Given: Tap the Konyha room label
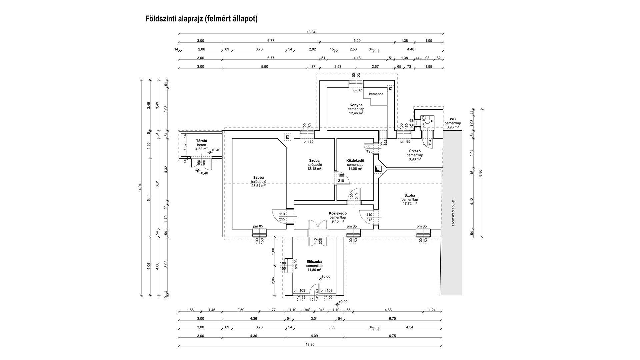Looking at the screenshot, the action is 356,105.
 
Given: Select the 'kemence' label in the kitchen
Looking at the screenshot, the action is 376,94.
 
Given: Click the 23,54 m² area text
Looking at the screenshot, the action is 258,186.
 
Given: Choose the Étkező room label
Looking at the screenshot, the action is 415,151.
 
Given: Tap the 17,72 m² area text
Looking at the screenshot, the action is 410,203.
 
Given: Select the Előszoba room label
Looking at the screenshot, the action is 314,262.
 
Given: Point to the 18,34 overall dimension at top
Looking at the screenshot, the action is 311,32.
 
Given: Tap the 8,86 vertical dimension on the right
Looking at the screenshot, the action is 480,172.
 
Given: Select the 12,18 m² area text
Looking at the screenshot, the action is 314,169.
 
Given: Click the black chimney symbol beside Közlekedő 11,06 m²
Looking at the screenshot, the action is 378,169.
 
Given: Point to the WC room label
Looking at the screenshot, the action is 452,119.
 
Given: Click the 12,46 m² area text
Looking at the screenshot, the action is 356,113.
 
